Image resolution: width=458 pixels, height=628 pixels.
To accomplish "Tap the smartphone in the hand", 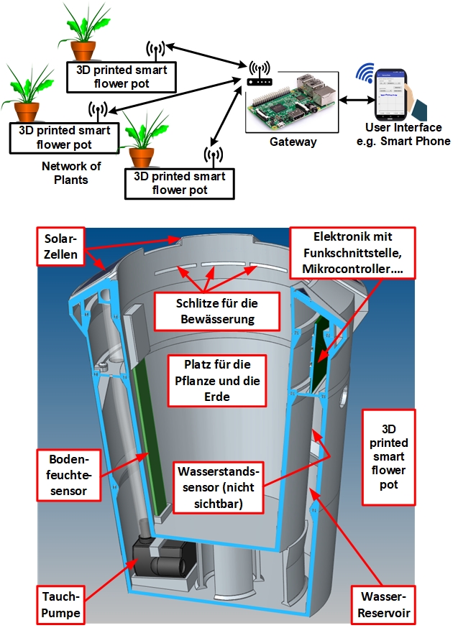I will point(389,96).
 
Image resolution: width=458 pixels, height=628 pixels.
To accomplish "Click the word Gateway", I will point(293,142).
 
